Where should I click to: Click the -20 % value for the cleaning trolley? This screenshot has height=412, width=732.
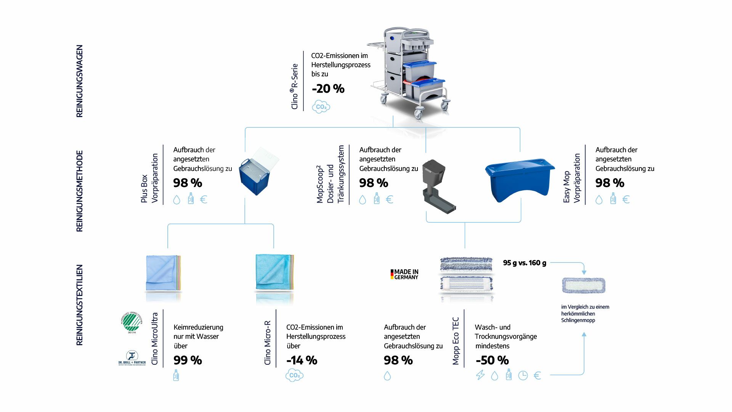pyautogui.click(x=328, y=89)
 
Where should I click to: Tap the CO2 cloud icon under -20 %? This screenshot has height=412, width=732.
pyautogui.click(x=321, y=107)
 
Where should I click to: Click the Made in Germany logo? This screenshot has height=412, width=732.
pyautogui.click(x=404, y=274)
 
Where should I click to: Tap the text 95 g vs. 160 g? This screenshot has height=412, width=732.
pyautogui.click(x=524, y=263)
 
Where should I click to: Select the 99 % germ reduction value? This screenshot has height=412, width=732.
pyautogui.click(x=188, y=360)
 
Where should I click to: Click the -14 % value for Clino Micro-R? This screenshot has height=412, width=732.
pyautogui.click(x=302, y=360)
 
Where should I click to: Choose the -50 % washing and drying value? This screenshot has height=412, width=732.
pyautogui.click(x=492, y=360)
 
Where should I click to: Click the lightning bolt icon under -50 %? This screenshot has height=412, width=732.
pyautogui.click(x=480, y=375)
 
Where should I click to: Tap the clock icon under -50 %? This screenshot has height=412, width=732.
pyautogui.click(x=523, y=376)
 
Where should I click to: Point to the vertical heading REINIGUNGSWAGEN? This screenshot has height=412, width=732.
pyautogui.click(x=79, y=81)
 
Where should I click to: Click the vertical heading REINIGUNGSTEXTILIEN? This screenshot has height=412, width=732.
pyautogui.click(x=79, y=305)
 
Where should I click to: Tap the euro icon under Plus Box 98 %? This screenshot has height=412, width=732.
pyautogui.click(x=204, y=200)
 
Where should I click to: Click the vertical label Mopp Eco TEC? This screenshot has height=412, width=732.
pyautogui.click(x=456, y=341)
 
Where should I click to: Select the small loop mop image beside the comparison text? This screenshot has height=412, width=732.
pyautogui.click(x=583, y=285)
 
